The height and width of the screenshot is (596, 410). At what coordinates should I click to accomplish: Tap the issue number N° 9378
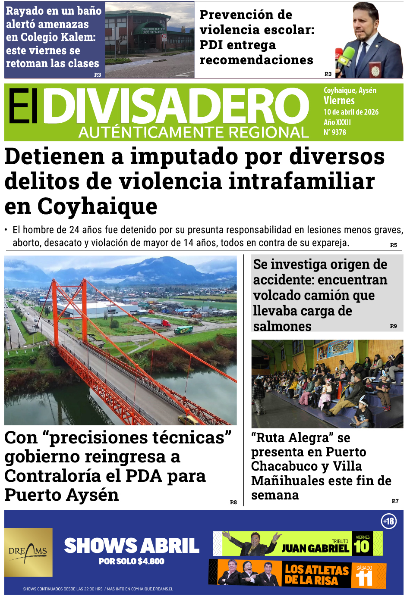(335, 132)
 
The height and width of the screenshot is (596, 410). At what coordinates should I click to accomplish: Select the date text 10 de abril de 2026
(351, 112)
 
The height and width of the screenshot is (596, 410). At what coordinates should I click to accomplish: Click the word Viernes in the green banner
(339, 101)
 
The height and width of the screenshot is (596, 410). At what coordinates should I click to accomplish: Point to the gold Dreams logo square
(28, 552)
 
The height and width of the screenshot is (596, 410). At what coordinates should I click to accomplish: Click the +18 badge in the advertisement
(388, 521)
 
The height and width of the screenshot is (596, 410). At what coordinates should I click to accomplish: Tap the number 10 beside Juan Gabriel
(362, 546)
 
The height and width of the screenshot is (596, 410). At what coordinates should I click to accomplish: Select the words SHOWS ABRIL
(132, 546)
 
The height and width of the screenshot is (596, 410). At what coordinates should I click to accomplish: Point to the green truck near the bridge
(183, 330)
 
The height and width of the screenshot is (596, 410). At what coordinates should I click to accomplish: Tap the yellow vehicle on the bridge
(187, 418)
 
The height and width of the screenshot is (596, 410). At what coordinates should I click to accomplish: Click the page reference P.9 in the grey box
(393, 326)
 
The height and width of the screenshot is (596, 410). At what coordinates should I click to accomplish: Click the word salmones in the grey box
(282, 326)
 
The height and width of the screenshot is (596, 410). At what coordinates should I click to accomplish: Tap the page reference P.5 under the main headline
(393, 245)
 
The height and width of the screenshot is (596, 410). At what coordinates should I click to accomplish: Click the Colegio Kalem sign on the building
(153, 30)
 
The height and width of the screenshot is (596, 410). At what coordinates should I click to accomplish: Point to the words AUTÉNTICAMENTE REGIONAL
(194, 132)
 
